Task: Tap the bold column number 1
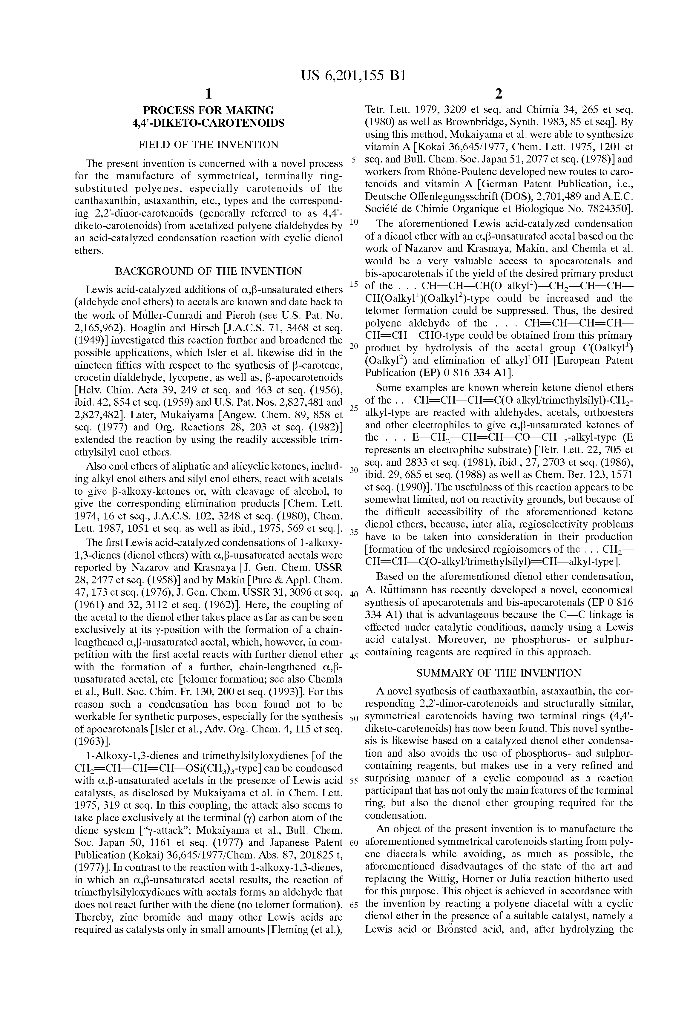click(208, 94)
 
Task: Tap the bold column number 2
click(499, 94)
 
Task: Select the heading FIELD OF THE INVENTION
click(208, 145)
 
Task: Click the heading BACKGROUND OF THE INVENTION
click(208, 271)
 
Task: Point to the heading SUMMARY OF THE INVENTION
click(499, 673)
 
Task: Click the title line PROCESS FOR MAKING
click(208, 111)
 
